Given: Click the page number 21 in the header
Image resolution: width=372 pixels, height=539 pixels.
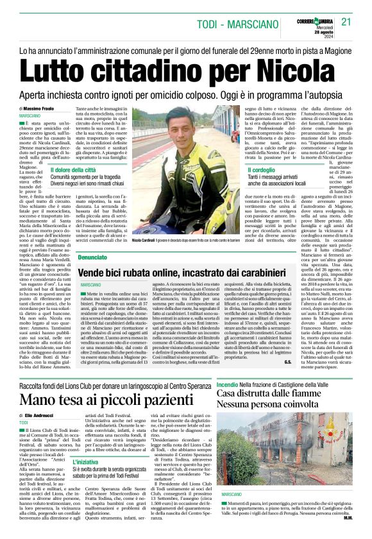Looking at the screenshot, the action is click(347, 22).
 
